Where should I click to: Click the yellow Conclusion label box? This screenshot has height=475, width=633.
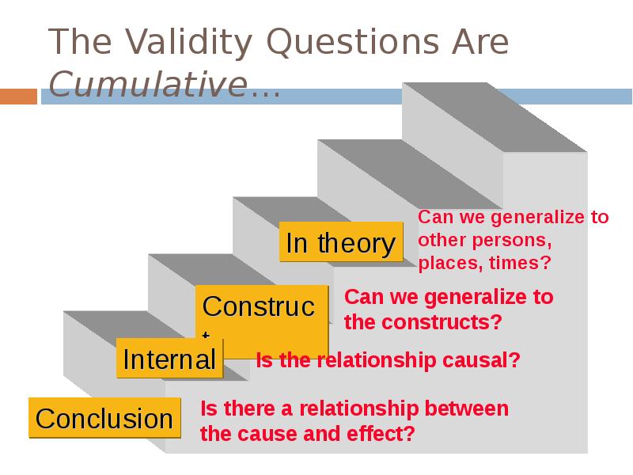pyautogui.click(x=104, y=418)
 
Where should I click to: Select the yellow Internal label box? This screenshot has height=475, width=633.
pyautogui.click(x=169, y=359)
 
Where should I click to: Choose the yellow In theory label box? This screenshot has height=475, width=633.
pyautogui.click(x=340, y=243)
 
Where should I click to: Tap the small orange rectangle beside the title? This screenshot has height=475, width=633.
pyautogui.click(x=18, y=97)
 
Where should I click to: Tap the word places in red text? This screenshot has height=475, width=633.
pyautogui.click(x=445, y=262)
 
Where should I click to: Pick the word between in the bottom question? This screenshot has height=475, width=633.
pyautogui.click(x=467, y=408)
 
